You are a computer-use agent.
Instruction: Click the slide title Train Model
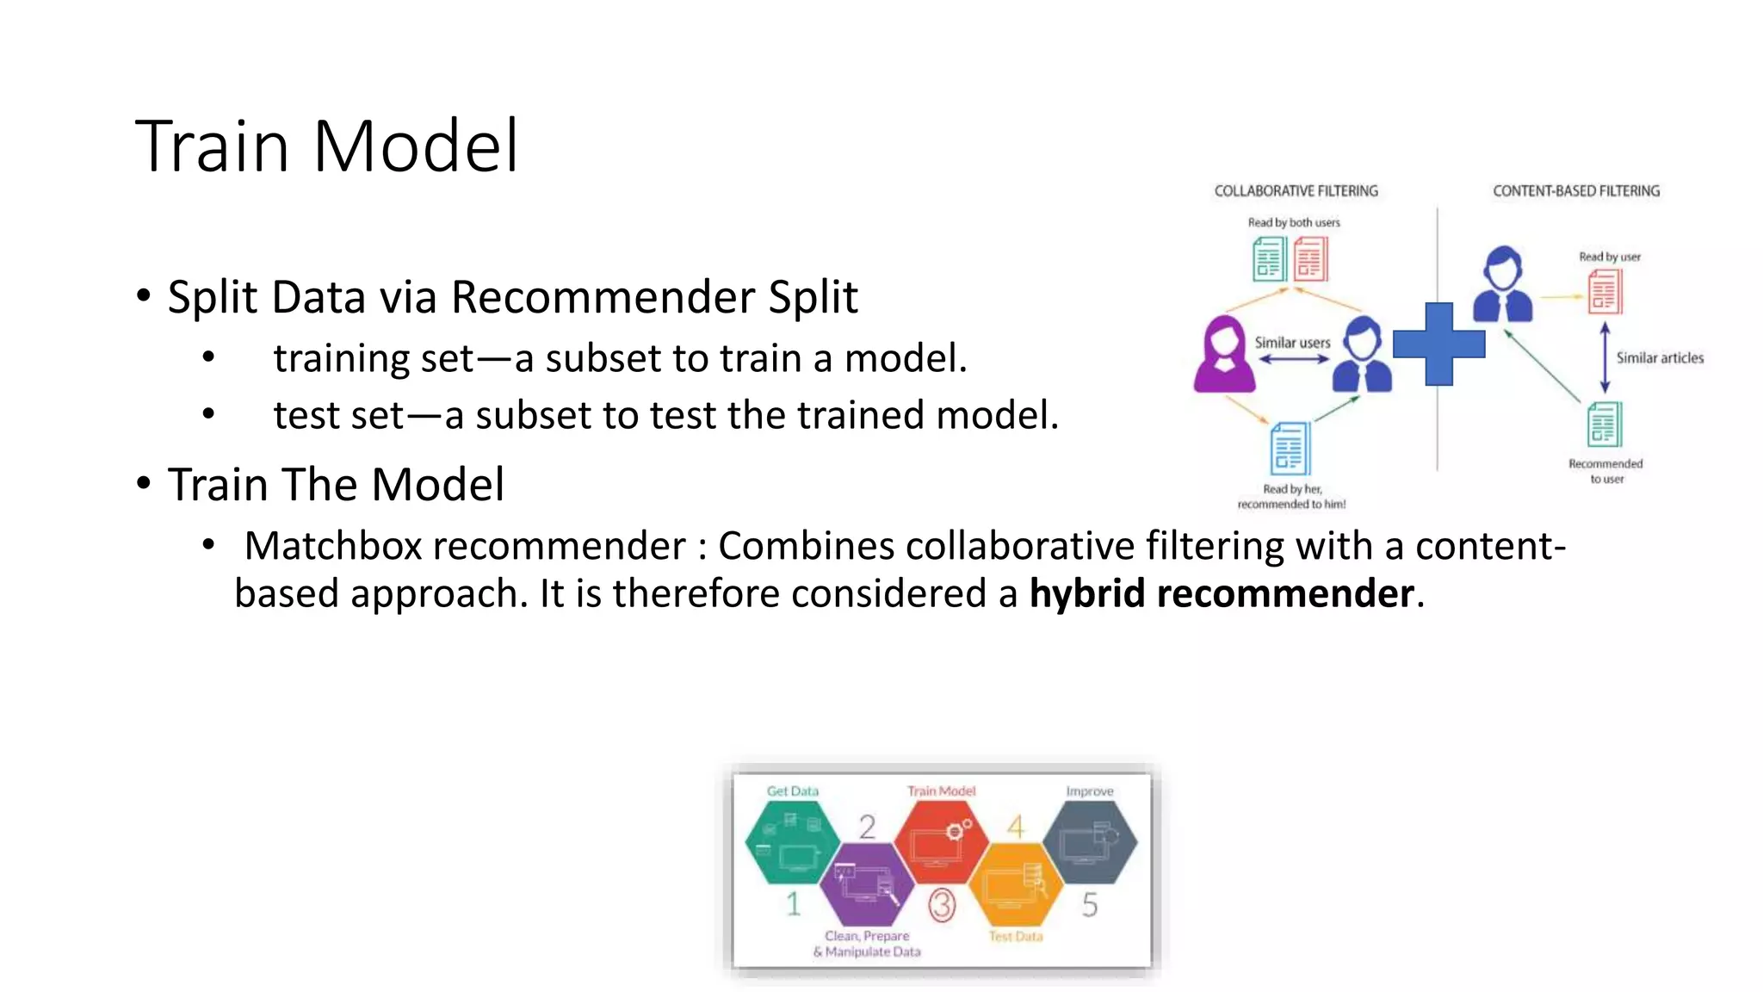[327, 146]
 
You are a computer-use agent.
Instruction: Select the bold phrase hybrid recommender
[1222, 594]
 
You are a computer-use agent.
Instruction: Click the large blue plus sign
[1438, 344]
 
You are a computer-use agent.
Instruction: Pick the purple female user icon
[1223, 355]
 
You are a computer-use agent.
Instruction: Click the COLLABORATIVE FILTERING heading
[1296, 191]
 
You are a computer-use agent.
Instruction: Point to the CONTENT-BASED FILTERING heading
[1575, 191]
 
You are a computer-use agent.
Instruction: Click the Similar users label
[1292, 343]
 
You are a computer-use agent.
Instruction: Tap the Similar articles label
[1659, 358]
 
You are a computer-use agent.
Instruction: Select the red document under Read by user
[1604, 291]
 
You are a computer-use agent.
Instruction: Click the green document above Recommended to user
[1604, 425]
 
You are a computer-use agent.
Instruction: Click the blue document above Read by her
[1290, 448]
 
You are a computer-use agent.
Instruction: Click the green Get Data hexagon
[791, 842]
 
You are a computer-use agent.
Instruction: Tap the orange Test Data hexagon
[1016, 887]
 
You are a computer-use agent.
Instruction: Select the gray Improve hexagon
[1090, 841]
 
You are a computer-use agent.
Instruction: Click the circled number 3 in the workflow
[942, 905]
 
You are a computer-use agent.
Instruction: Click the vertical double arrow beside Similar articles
[1605, 357]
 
